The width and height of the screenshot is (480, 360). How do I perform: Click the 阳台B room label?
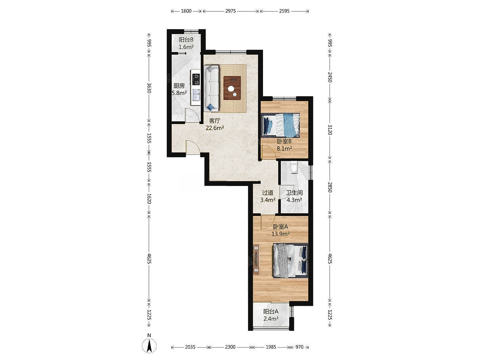[x=186, y=40]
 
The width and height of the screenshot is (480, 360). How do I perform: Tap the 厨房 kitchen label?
[x=179, y=86]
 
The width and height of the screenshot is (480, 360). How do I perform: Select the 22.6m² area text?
[x=215, y=128]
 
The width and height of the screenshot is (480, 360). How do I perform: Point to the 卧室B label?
[x=284, y=141]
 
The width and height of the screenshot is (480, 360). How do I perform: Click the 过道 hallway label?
[x=268, y=193]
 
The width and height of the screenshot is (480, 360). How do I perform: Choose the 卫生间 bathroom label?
[x=294, y=193]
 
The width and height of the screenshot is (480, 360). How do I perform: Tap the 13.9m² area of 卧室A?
[x=280, y=234]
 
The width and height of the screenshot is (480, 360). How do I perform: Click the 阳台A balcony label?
[x=271, y=311]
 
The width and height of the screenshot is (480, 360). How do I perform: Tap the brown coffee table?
[x=232, y=88]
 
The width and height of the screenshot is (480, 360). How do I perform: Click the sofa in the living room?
[x=211, y=88]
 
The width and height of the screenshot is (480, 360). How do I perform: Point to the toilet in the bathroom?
[x=294, y=168]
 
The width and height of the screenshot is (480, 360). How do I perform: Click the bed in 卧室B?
[x=281, y=125]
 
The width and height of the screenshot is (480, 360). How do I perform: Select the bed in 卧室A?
[x=290, y=261]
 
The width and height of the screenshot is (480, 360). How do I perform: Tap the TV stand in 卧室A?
[x=256, y=259]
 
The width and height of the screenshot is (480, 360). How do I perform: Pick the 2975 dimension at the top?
[x=231, y=11]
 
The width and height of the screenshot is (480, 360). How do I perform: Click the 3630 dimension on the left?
[x=149, y=88]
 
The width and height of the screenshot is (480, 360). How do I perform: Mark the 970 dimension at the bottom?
[x=299, y=347]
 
